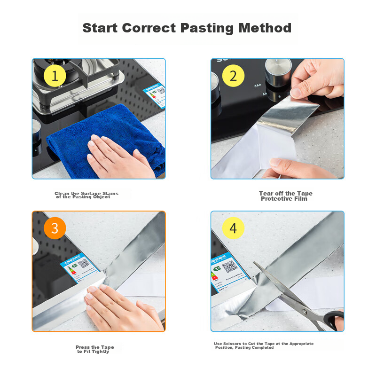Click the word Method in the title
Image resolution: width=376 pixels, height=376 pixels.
[x=265, y=28]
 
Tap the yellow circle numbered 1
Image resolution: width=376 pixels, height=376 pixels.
[x=55, y=76]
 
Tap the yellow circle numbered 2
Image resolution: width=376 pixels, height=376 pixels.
[x=234, y=76]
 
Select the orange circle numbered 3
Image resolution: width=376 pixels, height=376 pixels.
[x=55, y=228]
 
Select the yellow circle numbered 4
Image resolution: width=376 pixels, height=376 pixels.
[x=234, y=228]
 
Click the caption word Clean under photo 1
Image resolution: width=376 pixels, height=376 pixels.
[x=62, y=193]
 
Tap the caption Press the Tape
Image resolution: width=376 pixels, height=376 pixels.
[x=94, y=347]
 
